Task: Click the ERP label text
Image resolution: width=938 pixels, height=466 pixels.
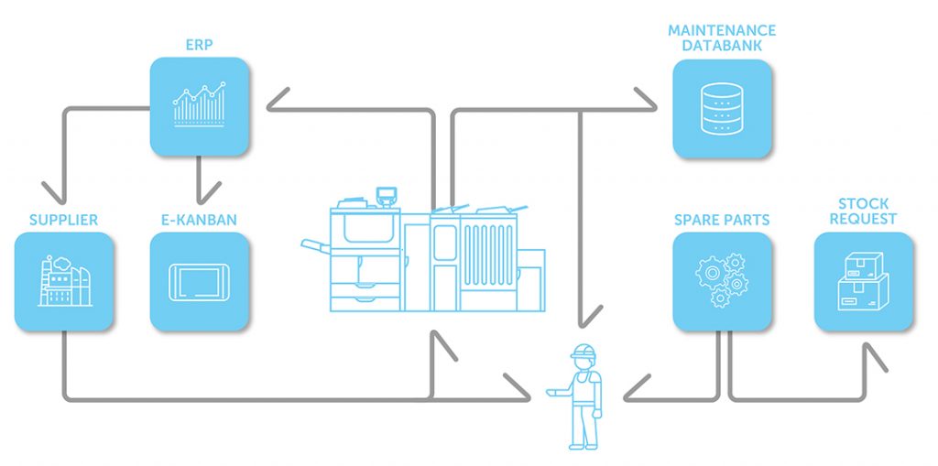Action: (x=198, y=43)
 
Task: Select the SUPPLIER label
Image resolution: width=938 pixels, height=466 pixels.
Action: (x=63, y=220)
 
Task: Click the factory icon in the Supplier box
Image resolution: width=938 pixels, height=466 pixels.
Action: (x=63, y=280)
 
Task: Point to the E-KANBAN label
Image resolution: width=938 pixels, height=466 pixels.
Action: (x=199, y=220)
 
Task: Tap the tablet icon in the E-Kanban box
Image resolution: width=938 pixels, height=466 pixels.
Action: (x=199, y=281)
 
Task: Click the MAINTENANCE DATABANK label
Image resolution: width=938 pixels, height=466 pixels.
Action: (x=721, y=38)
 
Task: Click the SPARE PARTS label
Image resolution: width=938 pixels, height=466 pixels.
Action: (x=721, y=220)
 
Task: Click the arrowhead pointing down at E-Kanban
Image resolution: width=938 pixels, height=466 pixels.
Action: (x=199, y=195)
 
